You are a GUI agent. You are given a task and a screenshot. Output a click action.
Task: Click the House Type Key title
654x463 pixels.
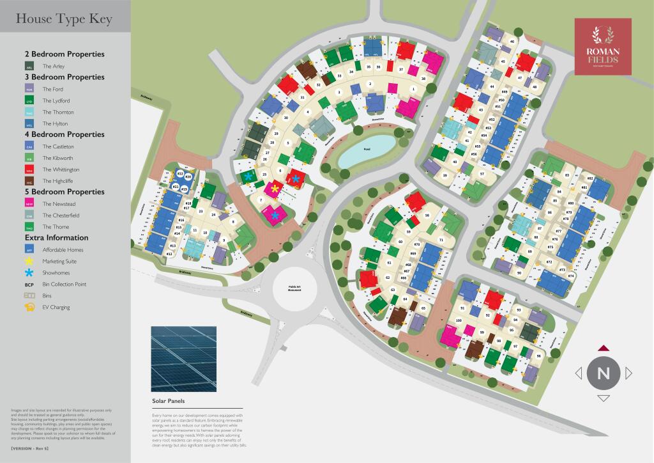64,19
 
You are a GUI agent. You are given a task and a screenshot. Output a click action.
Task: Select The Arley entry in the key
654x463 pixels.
53,66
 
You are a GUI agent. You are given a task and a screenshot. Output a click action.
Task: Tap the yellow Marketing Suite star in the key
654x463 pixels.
29,261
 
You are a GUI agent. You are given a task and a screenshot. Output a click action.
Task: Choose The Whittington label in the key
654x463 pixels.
61,169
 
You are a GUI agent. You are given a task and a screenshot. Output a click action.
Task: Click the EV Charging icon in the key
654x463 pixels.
29,308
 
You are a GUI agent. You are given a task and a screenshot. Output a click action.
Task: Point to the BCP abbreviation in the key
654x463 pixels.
29,284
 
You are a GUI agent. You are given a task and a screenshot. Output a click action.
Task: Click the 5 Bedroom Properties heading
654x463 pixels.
64,192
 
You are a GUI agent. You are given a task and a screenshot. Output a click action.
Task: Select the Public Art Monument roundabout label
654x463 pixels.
295,289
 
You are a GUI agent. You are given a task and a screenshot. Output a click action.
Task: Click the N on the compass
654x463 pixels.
603,373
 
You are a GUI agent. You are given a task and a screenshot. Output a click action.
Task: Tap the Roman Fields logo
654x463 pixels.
603,45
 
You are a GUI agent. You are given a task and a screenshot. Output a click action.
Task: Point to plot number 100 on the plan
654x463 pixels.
459,320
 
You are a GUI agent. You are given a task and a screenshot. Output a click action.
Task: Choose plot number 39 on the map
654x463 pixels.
445,175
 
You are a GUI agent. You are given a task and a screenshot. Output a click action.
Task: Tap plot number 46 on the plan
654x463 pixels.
512,41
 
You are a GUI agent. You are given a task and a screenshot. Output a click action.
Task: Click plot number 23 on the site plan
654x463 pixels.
201,210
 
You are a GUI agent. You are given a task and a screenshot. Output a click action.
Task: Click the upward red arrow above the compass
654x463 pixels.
604,348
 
